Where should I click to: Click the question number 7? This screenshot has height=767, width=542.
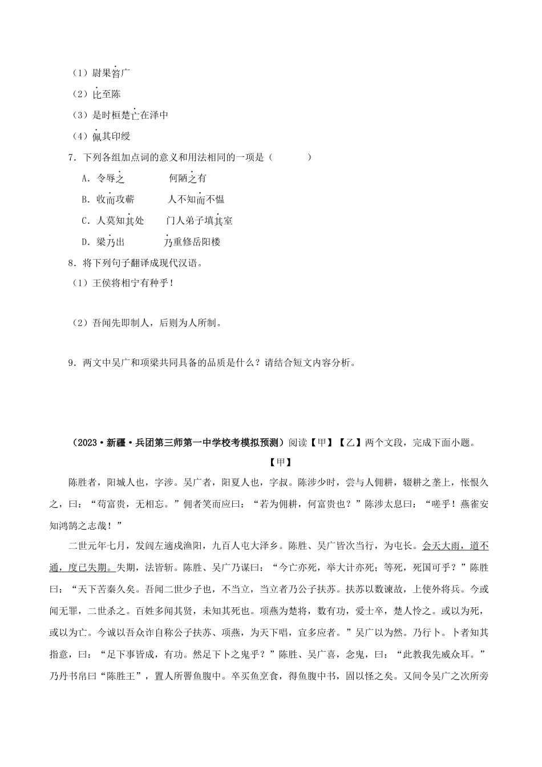click(x=71, y=158)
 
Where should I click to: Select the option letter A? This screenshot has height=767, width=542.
click(x=85, y=179)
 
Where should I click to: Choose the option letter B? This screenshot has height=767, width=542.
click(x=85, y=200)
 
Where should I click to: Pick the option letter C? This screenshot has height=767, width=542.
click(x=85, y=221)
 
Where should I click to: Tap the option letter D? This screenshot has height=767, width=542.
click(x=85, y=242)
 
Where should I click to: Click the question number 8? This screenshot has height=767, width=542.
click(x=71, y=263)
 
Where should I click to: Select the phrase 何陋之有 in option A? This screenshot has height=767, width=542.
click(x=188, y=179)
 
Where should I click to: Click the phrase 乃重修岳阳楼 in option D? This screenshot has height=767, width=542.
click(x=192, y=242)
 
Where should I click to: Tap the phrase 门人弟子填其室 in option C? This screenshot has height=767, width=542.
click(x=199, y=221)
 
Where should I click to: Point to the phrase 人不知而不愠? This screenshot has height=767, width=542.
click(x=196, y=200)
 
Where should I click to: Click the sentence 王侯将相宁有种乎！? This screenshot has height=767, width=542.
click(x=132, y=284)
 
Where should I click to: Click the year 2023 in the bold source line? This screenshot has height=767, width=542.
click(x=86, y=442)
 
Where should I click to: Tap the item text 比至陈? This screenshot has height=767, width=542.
click(x=106, y=94)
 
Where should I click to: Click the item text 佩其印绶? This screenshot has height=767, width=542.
click(x=111, y=136)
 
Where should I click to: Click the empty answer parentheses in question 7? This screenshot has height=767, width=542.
click(x=291, y=158)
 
